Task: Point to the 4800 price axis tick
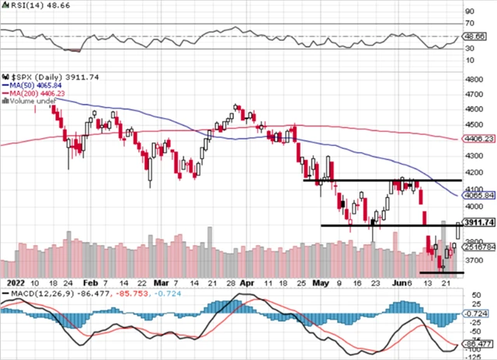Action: click(x=474, y=79)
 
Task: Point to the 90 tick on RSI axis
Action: click(x=470, y=12)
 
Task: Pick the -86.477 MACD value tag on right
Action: click(x=480, y=342)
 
